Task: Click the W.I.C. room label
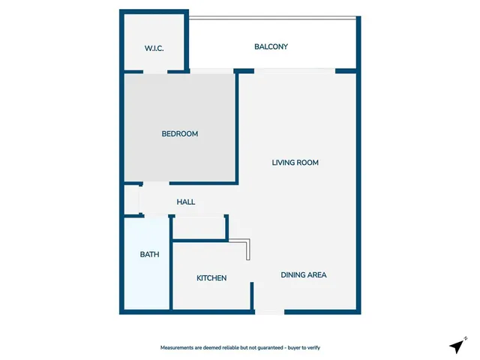pos(154,49)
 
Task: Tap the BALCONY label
pos(271,46)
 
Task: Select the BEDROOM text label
pos(180,134)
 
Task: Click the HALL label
pos(186,202)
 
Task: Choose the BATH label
pos(150,255)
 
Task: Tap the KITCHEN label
pos(211,278)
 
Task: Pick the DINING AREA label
pos(304,274)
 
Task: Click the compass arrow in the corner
pos(456,346)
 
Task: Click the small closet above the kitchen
pos(199,227)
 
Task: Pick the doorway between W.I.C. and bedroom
pos(155,72)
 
